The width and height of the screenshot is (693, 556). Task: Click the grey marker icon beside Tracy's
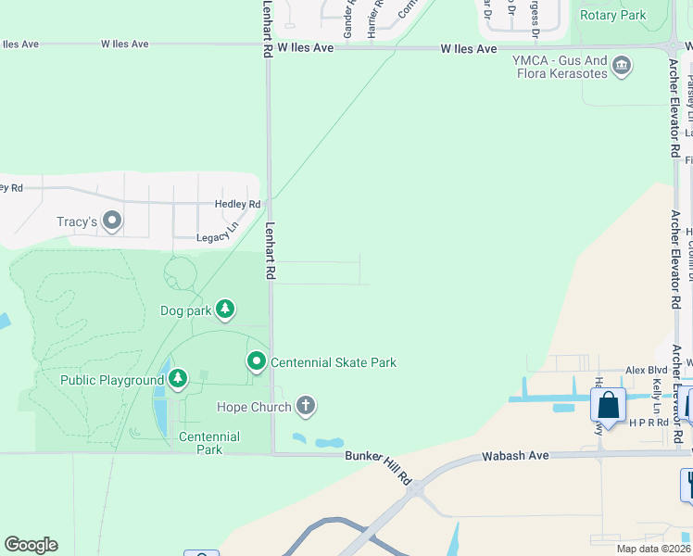(x=112, y=221)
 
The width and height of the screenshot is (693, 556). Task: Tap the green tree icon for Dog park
(x=224, y=308)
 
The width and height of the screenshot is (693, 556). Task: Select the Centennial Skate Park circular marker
(x=257, y=361)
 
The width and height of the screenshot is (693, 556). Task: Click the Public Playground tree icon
(x=177, y=378)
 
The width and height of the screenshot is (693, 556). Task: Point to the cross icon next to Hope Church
(x=306, y=406)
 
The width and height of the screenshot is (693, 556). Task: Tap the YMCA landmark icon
(x=622, y=64)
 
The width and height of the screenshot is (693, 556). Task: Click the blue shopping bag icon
(x=608, y=405)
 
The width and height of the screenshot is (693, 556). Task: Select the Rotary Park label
(x=612, y=15)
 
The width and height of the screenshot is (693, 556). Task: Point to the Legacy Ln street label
(x=218, y=238)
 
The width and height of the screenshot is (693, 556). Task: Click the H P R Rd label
(x=649, y=422)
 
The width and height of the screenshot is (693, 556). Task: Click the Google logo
(x=31, y=545)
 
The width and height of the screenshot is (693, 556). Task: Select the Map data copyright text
(x=652, y=549)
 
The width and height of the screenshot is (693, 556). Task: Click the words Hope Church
(x=254, y=407)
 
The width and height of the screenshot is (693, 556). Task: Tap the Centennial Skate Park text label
(x=334, y=362)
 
